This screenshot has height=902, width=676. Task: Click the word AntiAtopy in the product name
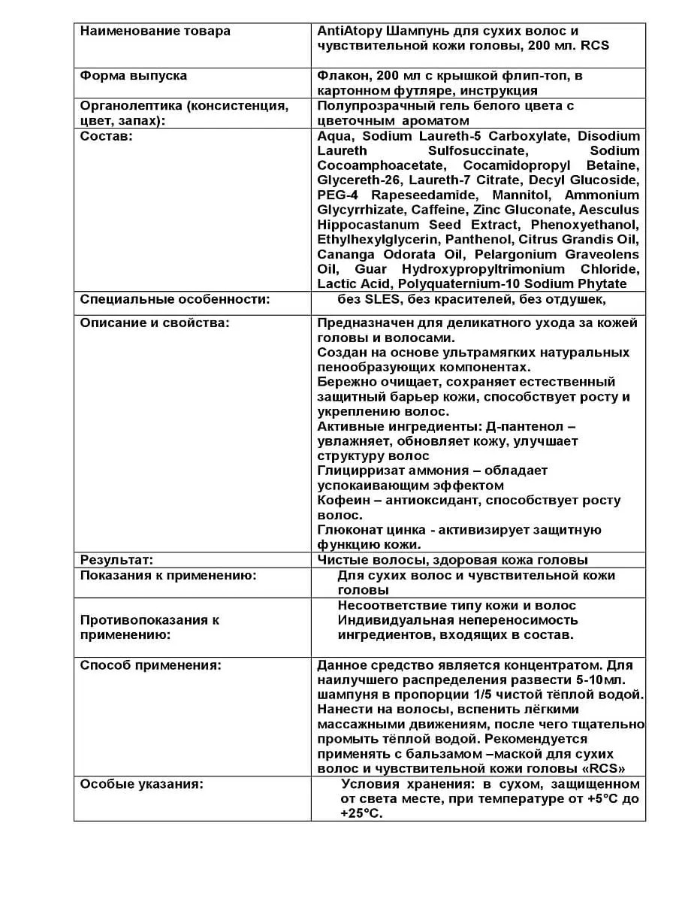(x=349, y=31)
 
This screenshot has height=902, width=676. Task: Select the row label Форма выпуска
(x=134, y=76)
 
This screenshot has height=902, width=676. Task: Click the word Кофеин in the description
(x=343, y=501)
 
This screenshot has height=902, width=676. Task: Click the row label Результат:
(x=116, y=560)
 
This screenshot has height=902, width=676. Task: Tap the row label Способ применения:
(x=150, y=665)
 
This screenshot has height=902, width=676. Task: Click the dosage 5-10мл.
(x=602, y=680)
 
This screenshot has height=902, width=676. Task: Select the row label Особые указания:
(x=142, y=784)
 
